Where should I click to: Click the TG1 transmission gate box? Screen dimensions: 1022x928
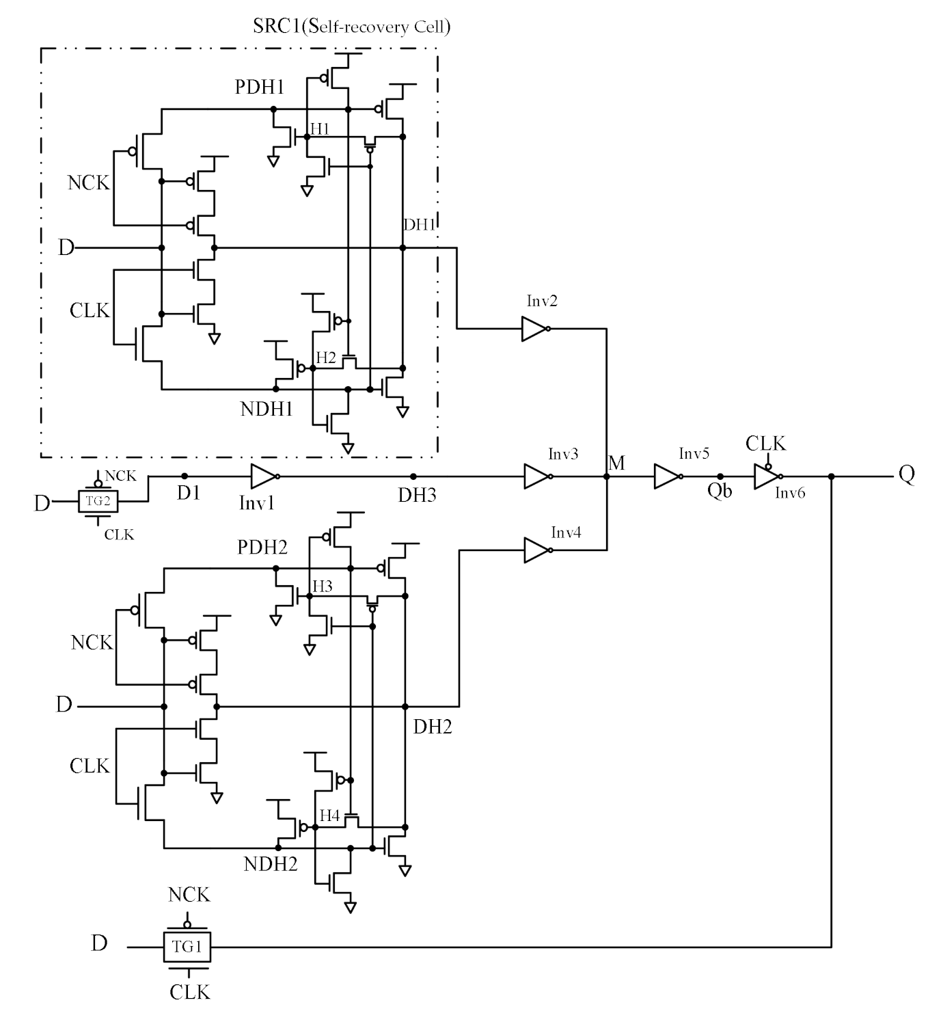pyautogui.click(x=187, y=947)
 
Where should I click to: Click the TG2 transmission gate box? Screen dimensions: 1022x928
pyautogui.click(x=98, y=501)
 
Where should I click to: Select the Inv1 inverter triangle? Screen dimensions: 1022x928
pyautogui.click(x=264, y=476)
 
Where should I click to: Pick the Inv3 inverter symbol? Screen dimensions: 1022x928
pyautogui.click(x=537, y=476)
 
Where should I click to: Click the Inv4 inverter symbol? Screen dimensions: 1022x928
pyautogui.click(x=537, y=550)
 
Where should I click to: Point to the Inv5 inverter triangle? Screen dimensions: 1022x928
pyautogui.click(x=667, y=476)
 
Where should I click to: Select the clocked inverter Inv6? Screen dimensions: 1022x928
pyautogui.click(x=767, y=476)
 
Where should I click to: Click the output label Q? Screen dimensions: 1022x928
pyautogui.click(x=906, y=474)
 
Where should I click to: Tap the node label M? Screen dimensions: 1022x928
pyautogui.click(x=616, y=463)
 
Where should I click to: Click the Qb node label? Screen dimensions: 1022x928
pyautogui.click(x=720, y=492)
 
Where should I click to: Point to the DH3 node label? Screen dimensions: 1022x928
pyautogui.click(x=417, y=495)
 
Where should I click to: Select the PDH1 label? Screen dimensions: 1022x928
pyautogui.click(x=260, y=88)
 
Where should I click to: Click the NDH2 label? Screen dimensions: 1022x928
pyautogui.click(x=271, y=864)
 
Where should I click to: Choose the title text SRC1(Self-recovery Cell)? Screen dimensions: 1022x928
pyautogui.click(x=351, y=27)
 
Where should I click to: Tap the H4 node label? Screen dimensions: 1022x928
pyautogui.click(x=329, y=816)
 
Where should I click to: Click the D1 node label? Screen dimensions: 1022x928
pyautogui.click(x=189, y=492)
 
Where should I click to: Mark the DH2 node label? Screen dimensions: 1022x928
pyautogui.click(x=433, y=727)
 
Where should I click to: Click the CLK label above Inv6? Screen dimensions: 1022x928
pyautogui.click(x=765, y=444)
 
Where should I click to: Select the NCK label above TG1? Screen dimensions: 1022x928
pyautogui.click(x=189, y=894)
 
